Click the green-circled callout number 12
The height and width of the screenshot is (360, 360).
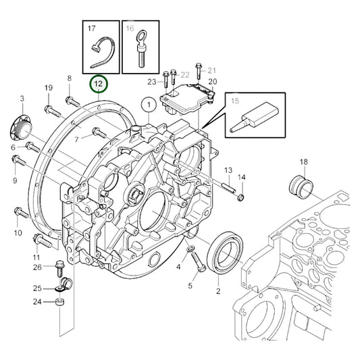pyautogui.click(x=99, y=84)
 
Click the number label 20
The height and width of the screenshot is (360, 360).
pyautogui.click(x=212, y=82)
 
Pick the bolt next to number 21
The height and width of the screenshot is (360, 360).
pyautogui.click(x=197, y=72)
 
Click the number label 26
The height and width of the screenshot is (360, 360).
pyautogui.click(x=37, y=266)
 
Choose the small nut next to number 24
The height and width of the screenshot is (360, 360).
pyautogui.click(x=59, y=302)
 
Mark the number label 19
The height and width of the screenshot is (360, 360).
pyautogui.click(x=48, y=89)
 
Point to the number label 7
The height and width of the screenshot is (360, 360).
pyautogui.click(x=76, y=140)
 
